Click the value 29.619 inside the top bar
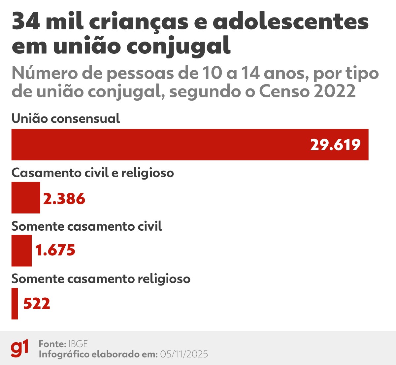click(x=335, y=145)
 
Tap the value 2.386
click(x=64, y=199)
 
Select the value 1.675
click(x=55, y=250)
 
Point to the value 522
click(x=37, y=304)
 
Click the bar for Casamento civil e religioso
click(x=26, y=197)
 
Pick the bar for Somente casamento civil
click(x=21, y=250)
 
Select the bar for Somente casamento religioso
click(x=15, y=304)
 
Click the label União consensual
click(x=66, y=118)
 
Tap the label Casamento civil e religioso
click(x=92, y=173)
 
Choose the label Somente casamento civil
click(x=86, y=226)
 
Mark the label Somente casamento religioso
click(x=101, y=279)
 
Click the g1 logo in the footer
click(x=19, y=348)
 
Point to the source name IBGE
click(x=78, y=344)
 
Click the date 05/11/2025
click(x=184, y=354)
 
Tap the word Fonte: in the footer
click(x=52, y=344)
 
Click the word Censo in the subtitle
click(x=284, y=91)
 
